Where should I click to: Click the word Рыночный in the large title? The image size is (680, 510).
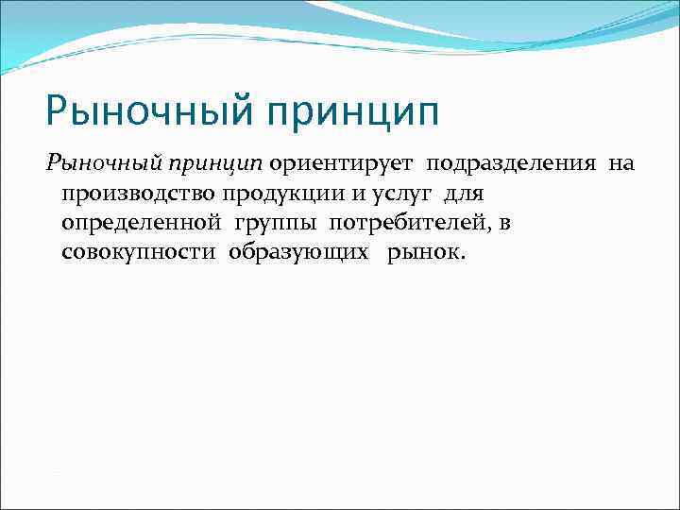(x=147, y=112)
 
